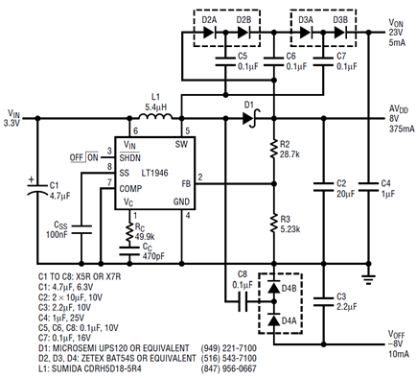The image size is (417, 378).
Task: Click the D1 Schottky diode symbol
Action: click(251, 118)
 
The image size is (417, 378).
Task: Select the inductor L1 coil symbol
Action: click(155, 116)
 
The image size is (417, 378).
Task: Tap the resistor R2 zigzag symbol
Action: click(274, 149)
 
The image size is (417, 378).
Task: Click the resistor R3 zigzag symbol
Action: click(274, 224)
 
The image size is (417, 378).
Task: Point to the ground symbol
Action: click(368, 279)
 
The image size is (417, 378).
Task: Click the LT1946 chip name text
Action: click(154, 173)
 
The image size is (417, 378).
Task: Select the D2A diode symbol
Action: click(210, 33)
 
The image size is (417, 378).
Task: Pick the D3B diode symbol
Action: click(340, 33)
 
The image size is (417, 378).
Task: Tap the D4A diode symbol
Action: click(274, 319)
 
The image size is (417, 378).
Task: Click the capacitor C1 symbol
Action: click(37, 189)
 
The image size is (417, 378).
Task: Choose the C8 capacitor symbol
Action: click(243, 301)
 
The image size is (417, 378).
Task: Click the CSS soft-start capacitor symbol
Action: click(81, 229)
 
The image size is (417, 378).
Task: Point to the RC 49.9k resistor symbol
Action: click(129, 232)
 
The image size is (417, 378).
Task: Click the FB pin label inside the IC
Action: click(186, 184)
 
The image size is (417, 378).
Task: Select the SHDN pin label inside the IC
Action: click(129, 158)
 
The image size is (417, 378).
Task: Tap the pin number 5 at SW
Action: click(188, 130)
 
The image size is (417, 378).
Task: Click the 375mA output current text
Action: click(402, 129)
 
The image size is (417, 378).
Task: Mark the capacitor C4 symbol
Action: click(368, 187)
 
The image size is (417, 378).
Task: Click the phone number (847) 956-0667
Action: click(228, 368)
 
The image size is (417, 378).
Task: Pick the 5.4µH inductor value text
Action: click(155, 107)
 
